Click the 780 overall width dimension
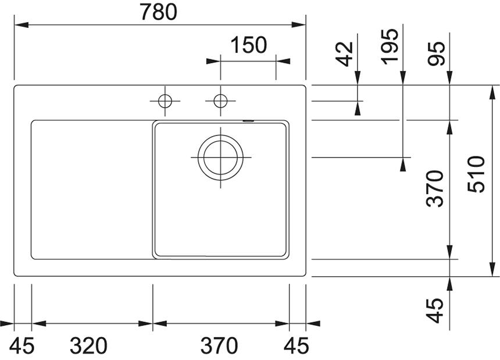click(x=159, y=12)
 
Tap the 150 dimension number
click(x=248, y=45)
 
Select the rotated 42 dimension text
click(x=345, y=54)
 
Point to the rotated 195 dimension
click(x=390, y=47)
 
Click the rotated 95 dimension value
click(x=436, y=54)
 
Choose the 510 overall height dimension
click(x=476, y=174)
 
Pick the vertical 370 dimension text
click(x=435, y=189)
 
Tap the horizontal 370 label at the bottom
click(x=219, y=345)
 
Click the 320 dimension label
click(x=88, y=345)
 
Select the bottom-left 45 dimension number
click(x=22, y=345)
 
